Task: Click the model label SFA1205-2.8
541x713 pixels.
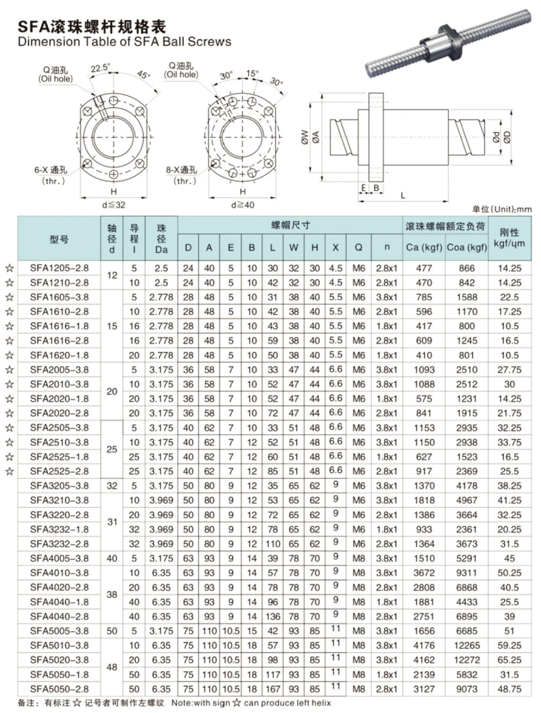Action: pos(59,268)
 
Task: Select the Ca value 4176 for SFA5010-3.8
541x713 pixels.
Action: pos(424,645)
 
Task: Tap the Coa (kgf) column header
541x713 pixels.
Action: pos(467,247)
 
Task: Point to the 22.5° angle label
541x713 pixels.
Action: pos(100,68)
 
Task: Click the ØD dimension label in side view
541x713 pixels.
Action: pos(507,138)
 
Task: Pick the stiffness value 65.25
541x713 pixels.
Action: pos(509,660)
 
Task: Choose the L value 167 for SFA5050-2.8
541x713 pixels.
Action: pos(272,689)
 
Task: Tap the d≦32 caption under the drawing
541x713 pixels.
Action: pos(114,205)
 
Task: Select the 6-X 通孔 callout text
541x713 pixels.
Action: pos(51,170)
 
